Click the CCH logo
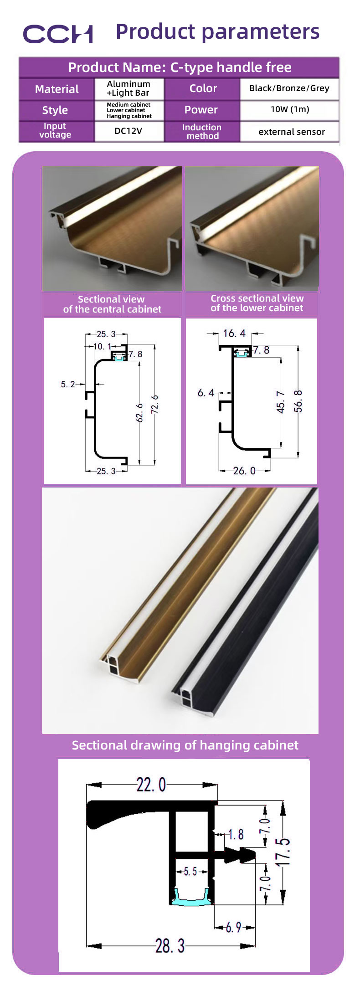(x=58, y=34)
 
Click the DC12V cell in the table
(x=129, y=131)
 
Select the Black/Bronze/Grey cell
(x=289, y=88)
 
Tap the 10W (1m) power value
(x=289, y=109)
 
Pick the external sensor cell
(x=292, y=132)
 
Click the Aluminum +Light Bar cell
(x=129, y=88)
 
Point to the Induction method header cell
(x=202, y=132)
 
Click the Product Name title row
(x=179, y=67)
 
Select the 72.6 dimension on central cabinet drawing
(x=155, y=404)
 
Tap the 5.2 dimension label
(x=67, y=385)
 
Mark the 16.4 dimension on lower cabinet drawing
(x=234, y=334)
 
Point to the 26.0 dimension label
(x=244, y=471)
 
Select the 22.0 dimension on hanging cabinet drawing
(x=151, y=785)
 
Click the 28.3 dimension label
(x=170, y=946)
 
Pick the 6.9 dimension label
(x=233, y=927)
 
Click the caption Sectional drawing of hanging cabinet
(x=185, y=745)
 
